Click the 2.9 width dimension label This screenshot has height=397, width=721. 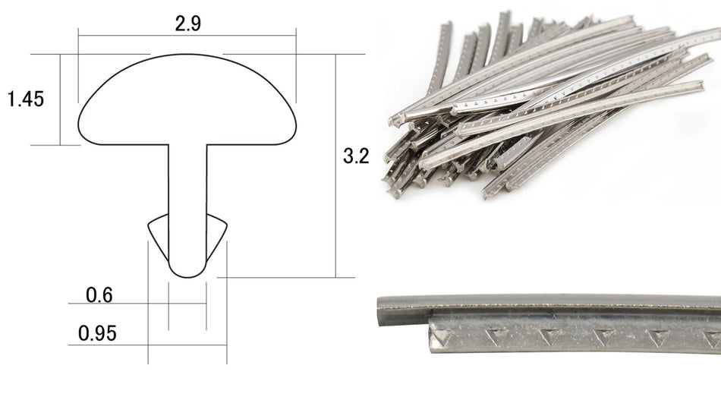click(x=187, y=24)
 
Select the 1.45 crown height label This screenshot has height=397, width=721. click(x=25, y=99)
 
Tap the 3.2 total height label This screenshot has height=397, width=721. click(x=356, y=157)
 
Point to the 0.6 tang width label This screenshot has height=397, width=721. click(x=99, y=295)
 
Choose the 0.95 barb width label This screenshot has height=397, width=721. click(x=97, y=333)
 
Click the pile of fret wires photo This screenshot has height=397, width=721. click(x=546, y=106)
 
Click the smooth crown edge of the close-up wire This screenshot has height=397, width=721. click(x=546, y=302)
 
